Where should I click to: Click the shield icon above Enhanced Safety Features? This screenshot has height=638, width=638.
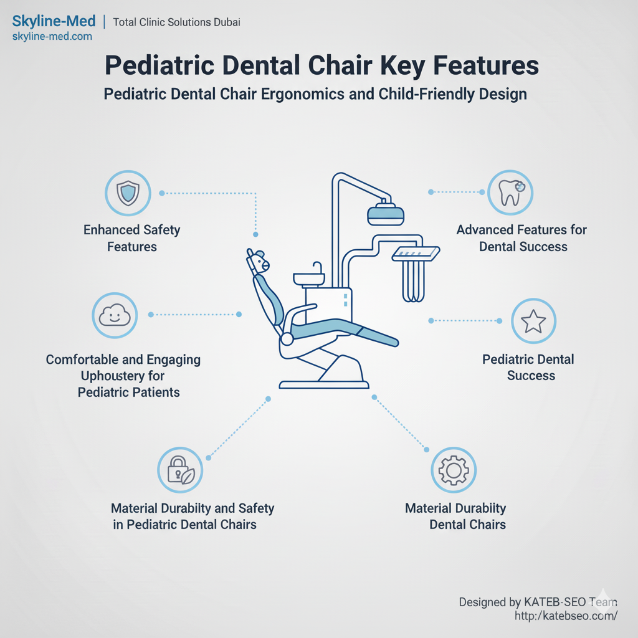tap(128, 193)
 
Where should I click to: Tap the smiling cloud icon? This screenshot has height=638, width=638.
tap(115, 315)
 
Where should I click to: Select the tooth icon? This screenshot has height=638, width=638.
tap(510, 193)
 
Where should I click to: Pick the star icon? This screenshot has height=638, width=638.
tap(533, 321)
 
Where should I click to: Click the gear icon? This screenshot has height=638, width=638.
tap(454, 470)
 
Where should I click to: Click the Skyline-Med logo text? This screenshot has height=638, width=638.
tap(54, 21)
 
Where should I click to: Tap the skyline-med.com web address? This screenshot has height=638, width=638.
tap(52, 37)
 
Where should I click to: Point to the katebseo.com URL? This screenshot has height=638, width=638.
tap(566, 616)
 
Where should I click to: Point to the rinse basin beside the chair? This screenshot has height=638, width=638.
tap(309, 278)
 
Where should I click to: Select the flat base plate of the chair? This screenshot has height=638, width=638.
tap(324, 385)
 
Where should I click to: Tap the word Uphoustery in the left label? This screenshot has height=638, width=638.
tap(123, 376)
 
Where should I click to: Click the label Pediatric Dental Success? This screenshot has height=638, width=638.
tap(528, 368)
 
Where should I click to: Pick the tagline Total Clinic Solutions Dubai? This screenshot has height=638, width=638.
tap(176, 22)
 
